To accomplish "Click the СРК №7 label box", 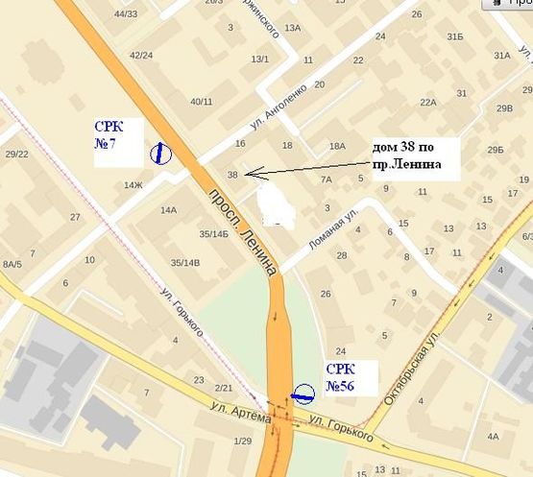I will coord(118,142).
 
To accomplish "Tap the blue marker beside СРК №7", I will coord(159,152).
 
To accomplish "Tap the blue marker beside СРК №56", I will coord(303,392).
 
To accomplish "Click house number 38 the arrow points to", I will coord(233,174).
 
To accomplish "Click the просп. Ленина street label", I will coord(241,231).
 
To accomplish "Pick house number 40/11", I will coord(202,101).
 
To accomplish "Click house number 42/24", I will coord(141,55).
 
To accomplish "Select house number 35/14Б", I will coord(212,233).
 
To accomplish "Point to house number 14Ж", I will coord(133,184).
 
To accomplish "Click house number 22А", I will coord(428,102).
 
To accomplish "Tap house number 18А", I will coord(336,146).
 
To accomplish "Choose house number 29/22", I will coord(16,154).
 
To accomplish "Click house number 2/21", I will coord(224,387).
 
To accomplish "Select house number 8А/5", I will coord(12,263).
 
